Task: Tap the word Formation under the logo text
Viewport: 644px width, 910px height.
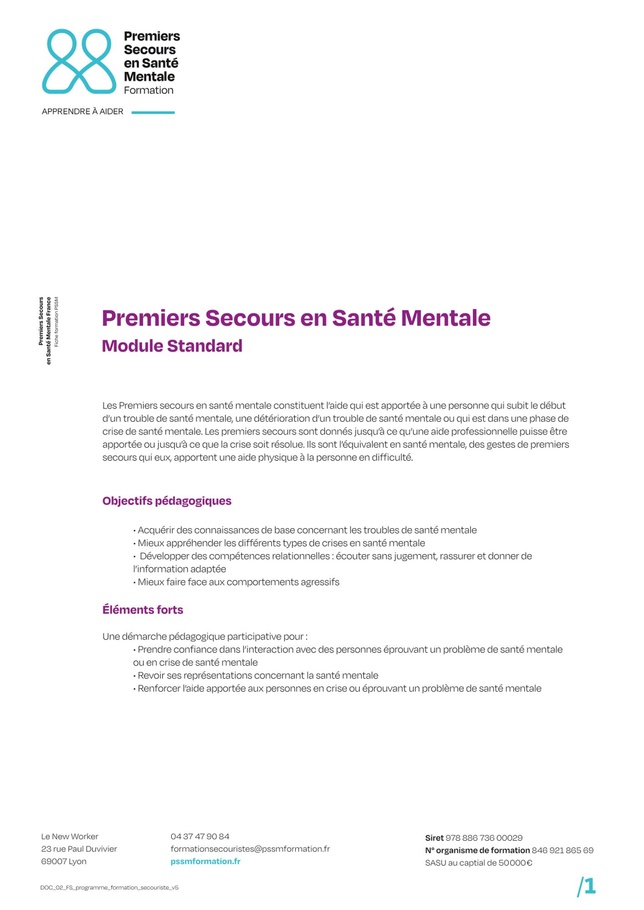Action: click(x=148, y=90)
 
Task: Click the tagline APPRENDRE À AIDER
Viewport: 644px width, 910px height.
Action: click(x=82, y=111)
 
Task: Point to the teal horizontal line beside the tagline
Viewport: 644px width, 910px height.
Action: click(x=153, y=112)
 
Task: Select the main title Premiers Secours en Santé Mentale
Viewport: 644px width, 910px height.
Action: click(x=296, y=318)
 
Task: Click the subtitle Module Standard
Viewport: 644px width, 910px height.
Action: click(x=172, y=346)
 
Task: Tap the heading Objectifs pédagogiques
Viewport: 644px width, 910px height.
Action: click(x=167, y=501)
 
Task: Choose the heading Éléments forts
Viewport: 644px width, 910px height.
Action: click(x=142, y=610)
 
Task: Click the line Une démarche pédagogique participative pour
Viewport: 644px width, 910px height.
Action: click(x=204, y=636)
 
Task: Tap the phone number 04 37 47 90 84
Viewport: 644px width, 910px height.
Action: click(x=200, y=836)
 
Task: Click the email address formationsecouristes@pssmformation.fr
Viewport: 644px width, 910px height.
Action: click(x=250, y=849)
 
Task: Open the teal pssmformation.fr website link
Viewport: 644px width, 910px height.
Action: click(x=205, y=861)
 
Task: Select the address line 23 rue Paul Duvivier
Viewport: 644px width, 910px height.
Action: click(x=79, y=849)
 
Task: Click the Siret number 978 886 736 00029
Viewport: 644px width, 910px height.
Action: click(x=484, y=838)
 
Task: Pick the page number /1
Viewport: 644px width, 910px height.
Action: click(x=586, y=886)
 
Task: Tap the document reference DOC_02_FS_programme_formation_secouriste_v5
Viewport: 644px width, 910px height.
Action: click(x=109, y=887)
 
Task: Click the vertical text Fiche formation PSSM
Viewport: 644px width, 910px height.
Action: click(x=56, y=322)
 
